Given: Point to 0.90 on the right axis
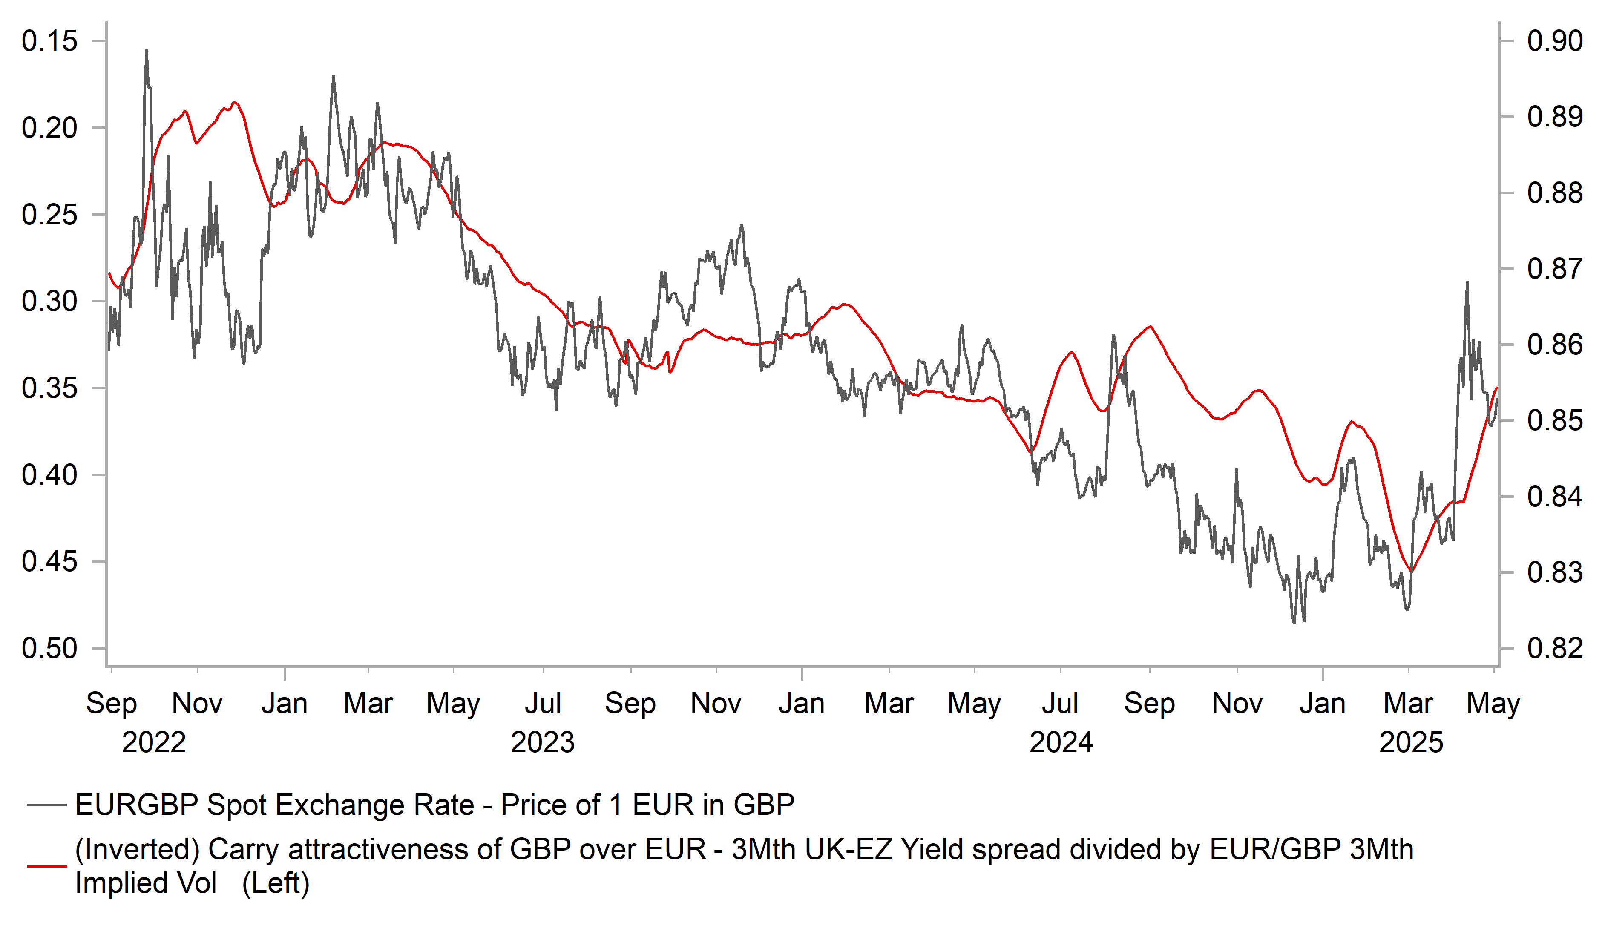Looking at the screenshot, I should [1554, 41].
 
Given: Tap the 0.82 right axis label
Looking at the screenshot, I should [1554, 649].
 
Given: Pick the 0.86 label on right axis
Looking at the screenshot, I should [1554, 345].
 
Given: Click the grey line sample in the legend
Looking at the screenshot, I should [46, 805].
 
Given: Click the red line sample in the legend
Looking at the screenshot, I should [46, 866].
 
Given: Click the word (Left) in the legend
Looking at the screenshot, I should [276, 883].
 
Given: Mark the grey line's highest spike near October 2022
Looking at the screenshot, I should [147, 51].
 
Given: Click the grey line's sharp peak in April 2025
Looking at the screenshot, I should [1467, 282].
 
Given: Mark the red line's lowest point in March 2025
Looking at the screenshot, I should [1411, 572].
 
